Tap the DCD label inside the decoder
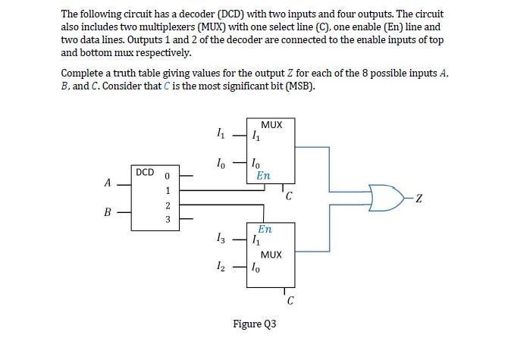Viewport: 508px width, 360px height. click(144, 172)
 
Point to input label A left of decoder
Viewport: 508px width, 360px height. click(108, 182)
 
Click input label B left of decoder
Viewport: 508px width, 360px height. click(108, 213)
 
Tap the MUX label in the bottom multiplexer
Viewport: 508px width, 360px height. click(271, 255)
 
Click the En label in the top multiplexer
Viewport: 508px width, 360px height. click(263, 175)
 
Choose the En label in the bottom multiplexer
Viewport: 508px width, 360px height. click(265, 228)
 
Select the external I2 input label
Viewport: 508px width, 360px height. click(221, 267)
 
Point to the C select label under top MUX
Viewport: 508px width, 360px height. click(288, 199)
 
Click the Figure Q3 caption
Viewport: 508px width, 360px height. click(254, 324)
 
